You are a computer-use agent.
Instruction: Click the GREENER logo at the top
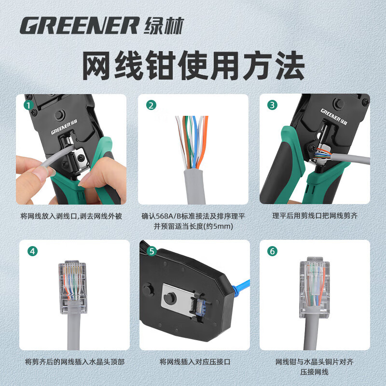pyautogui.click(x=80, y=25)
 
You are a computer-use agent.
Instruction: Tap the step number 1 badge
pyautogui.click(x=29, y=105)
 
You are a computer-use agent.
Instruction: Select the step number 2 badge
pyautogui.click(x=151, y=105)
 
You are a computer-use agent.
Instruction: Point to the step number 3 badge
pyautogui.click(x=273, y=105)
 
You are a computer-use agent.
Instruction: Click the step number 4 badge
pyautogui.click(x=32, y=251)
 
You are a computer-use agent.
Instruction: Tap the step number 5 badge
pyautogui.click(x=151, y=251)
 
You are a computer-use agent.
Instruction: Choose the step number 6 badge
pyautogui.click(x=273, y=251)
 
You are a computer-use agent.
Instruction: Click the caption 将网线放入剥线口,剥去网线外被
pyautogui.click(x=71, y=216)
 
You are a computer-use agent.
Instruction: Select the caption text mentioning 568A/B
pyautogui.click(x=193, y=216)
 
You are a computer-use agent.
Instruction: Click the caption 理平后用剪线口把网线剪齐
pyautogui.click(x=315, y=216)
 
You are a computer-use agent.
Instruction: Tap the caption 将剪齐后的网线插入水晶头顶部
pyautogui.click(x=71, y=361)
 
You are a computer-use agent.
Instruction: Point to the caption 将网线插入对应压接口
pyautogui.click(x=193, y=361)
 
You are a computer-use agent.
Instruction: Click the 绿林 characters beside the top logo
pyautogui.click(x=164, y=25)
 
